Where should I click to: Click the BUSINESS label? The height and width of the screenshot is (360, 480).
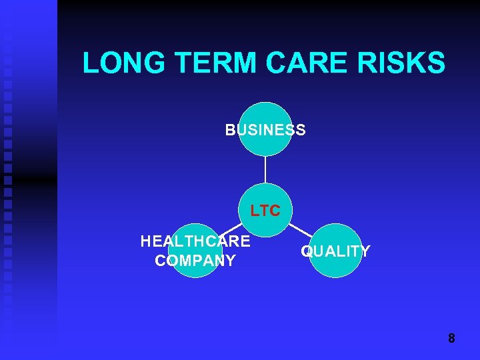[265, 130]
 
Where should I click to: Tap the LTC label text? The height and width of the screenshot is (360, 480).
[265, 211]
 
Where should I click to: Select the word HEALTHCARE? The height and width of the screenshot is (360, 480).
[195, 241]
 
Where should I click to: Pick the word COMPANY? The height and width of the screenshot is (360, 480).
[195, 261]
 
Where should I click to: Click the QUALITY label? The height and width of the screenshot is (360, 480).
[335, 251]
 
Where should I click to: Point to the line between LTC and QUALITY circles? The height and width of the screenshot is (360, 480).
[299, 231]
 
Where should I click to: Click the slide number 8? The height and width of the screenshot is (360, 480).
[451, 339]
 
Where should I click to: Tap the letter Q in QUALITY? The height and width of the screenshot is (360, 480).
[307, 251]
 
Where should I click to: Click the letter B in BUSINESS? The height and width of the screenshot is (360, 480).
[230, 130]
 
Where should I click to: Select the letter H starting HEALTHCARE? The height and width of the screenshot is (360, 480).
[146, 241]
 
